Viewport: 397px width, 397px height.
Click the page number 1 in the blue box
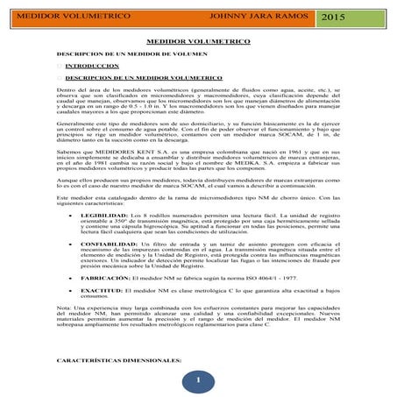(199, 379)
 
